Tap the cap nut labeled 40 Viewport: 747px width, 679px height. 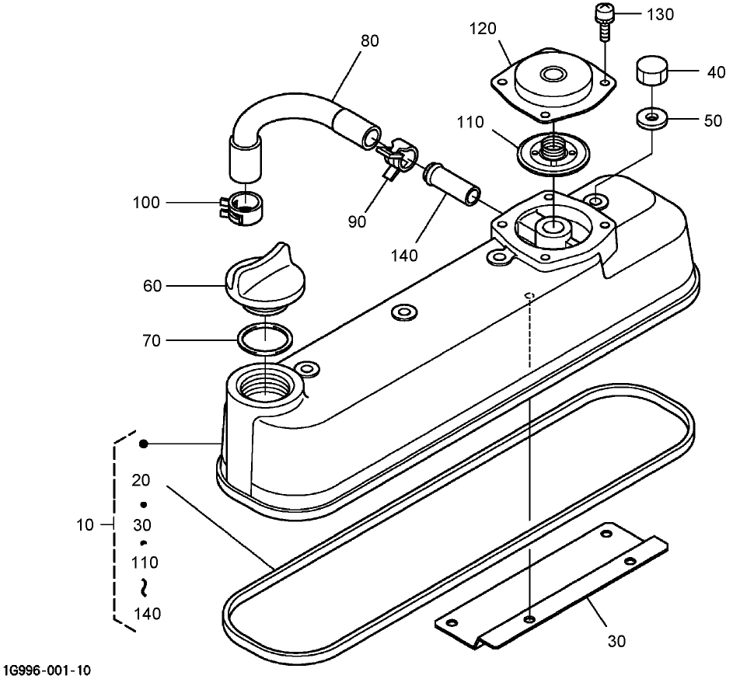click(x=651, y=71)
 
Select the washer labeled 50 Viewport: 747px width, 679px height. click(x=651, y=117)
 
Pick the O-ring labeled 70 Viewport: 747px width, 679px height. click(x=265, y=339)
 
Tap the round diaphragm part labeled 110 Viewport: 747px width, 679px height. click(x=553, y=152)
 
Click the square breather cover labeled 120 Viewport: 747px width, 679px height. click(x=553, y=84)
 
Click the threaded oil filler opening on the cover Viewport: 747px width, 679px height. click(x=264, y=383)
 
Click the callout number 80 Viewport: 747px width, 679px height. click(x=370, y=41)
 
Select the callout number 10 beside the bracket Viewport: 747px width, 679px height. click(x=85, y=525)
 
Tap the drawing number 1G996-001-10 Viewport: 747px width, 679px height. click(x=46, y=670)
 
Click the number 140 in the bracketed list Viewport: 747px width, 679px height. click(x=147, y=614)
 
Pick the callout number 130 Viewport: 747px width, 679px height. click(x=660, y=15)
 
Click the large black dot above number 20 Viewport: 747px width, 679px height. click(x=143, y=444)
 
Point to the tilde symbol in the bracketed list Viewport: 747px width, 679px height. click(x=144, y=587)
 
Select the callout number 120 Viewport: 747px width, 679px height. click(x=483, y=29)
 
